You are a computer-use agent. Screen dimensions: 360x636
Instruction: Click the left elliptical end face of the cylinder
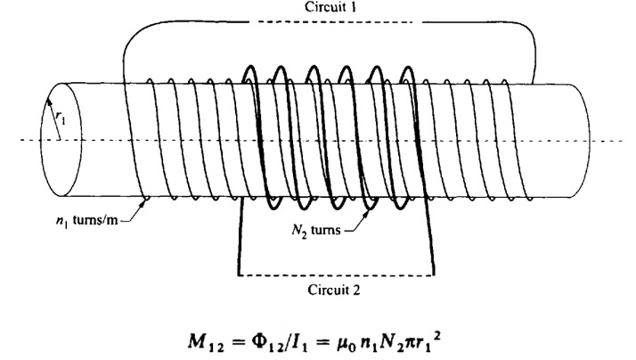54,139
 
